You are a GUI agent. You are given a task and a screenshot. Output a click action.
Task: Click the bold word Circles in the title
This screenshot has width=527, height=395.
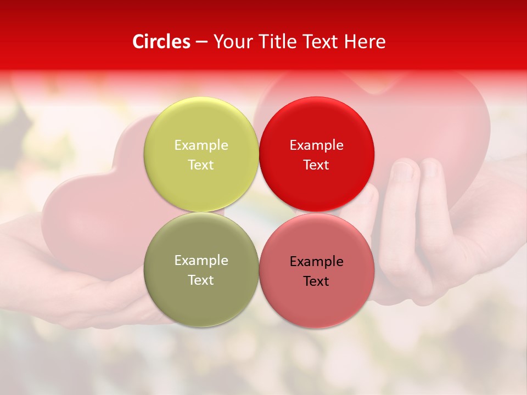161,42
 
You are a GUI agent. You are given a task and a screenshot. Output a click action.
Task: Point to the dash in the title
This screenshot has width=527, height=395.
201,42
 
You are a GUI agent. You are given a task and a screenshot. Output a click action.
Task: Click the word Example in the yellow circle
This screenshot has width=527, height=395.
201,145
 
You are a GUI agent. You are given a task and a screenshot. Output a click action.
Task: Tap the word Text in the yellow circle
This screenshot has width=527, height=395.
201,165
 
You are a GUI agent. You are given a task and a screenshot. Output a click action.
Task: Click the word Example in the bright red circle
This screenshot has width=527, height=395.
317,145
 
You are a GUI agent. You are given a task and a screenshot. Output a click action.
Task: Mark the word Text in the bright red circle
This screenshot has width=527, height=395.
317,165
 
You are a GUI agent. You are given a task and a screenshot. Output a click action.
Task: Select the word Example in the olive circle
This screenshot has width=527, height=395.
201,261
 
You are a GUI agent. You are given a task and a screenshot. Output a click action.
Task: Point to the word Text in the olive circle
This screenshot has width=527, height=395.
201,280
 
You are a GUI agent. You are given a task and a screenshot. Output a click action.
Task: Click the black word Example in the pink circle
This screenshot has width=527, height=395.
317,262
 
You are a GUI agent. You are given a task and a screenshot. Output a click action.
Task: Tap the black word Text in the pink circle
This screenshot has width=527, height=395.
317,281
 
